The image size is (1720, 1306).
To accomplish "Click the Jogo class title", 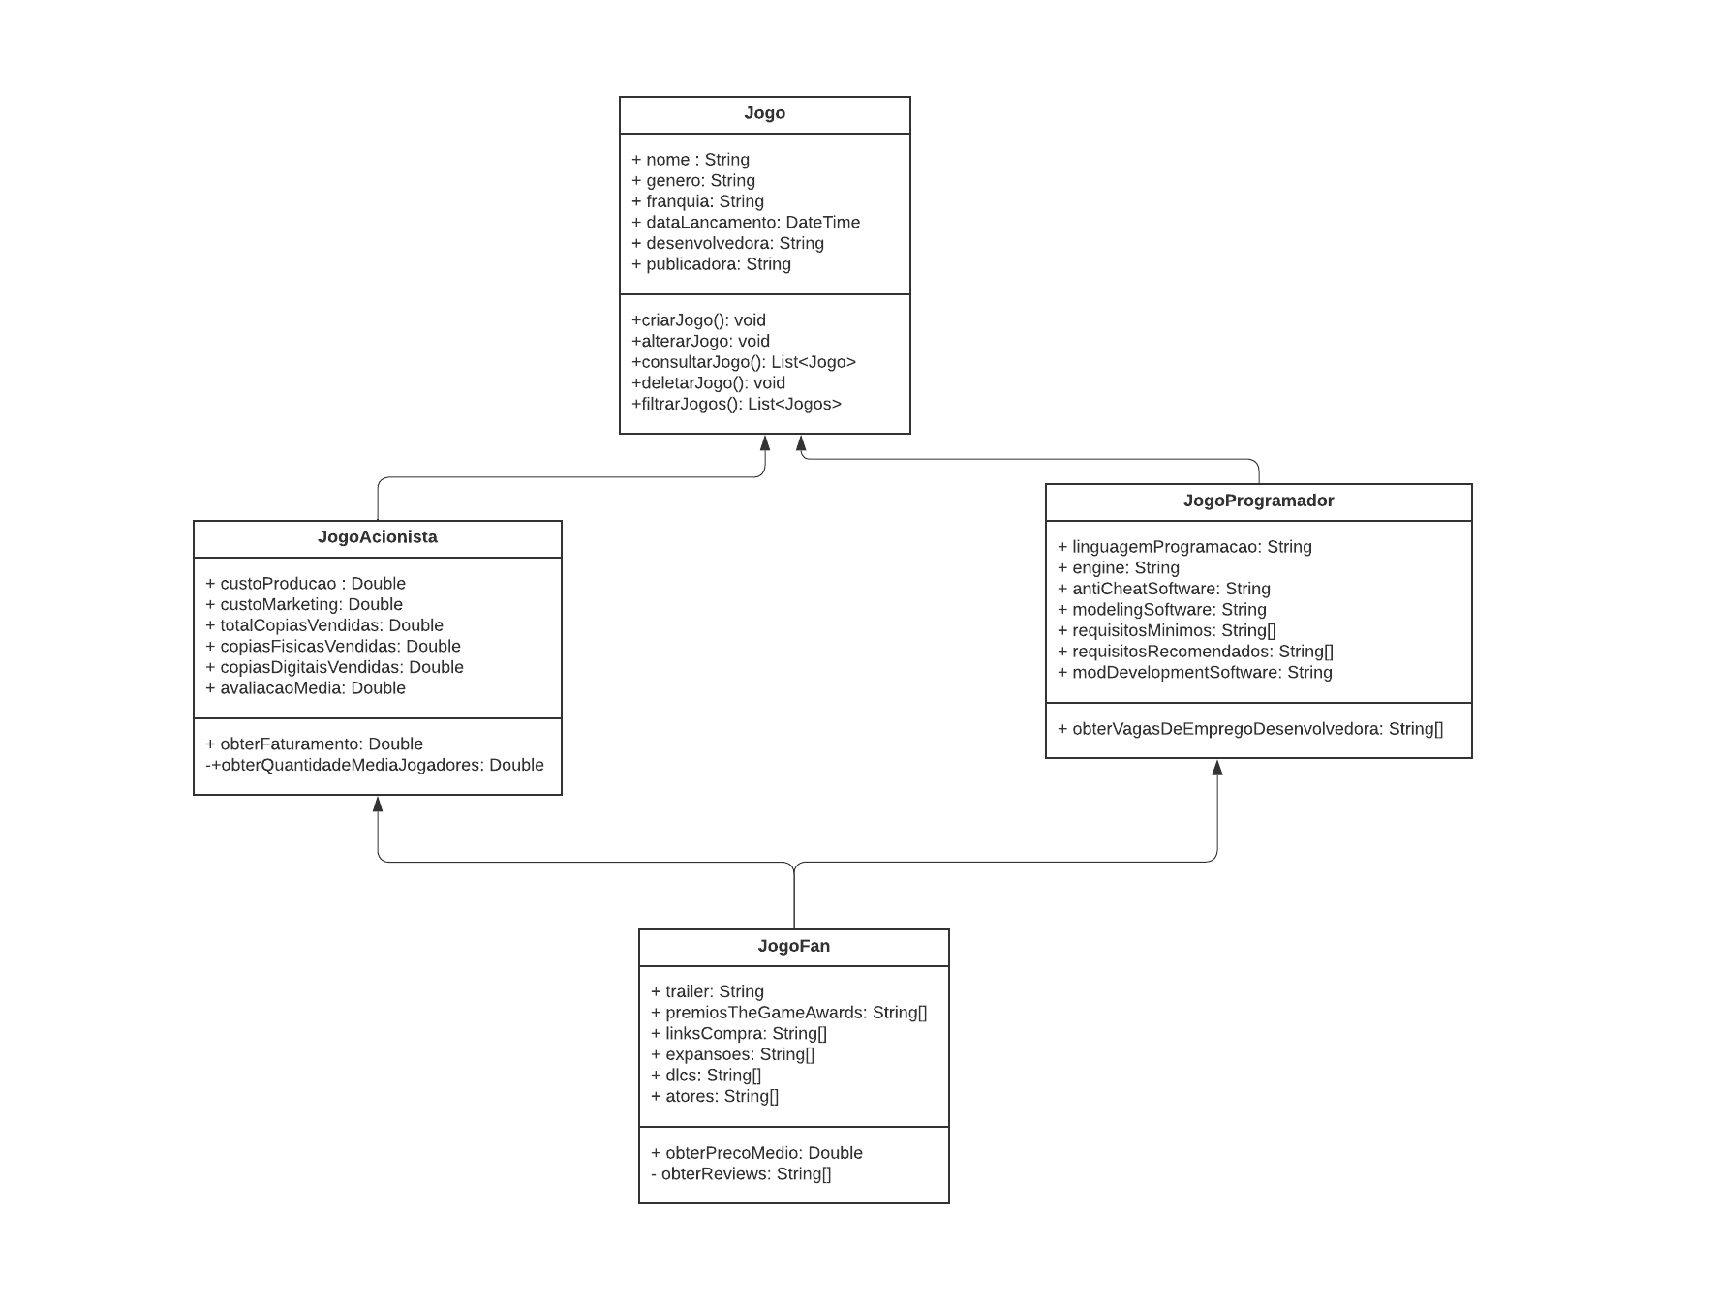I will pyautogui.click(x=764, y=113).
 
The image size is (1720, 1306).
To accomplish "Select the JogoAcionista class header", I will pyautogui.click(x=377, y=537).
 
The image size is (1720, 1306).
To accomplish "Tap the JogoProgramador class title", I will pyautogui.click(x=1258, y=501).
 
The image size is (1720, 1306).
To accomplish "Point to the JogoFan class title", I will pyautogui.click(x=793, y=946).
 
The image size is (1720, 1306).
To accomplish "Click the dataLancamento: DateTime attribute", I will pyautogui.click(x=745, y=223).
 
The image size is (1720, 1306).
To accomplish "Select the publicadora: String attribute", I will pyautogui.click(x=711, y=264).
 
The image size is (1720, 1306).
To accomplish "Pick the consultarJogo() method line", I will pyautogui.click(x=743, y=362).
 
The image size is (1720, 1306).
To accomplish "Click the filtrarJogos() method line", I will pyautogui.click(x=736, y=404).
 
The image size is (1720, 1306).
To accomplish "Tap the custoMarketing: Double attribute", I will pyautogui.click(x=303, y=604).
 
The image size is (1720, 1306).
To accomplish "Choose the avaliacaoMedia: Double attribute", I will pyautogui.click(x=305, y=688).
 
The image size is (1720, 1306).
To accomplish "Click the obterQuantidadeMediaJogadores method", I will pyautogui.click(x=375, y=765).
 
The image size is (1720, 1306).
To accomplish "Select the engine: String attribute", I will pyautogui.click(x=1118, y=568).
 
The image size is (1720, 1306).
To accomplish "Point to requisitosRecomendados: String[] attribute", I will pyautogui.click(x=1195, y=652).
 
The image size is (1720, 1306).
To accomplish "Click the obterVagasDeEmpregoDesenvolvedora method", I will pyautogui.click(x=1249, y=729).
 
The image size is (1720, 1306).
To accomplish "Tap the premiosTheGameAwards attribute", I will pyautogui.click(x=788, y=1013).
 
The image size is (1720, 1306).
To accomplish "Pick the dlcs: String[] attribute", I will pyautogui.click(x=706, y=1076).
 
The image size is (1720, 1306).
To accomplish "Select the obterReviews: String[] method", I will pyautogui.click(x=741, y=1174).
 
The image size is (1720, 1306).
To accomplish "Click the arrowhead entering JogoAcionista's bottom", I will pyautogui.click(x=378, y=804).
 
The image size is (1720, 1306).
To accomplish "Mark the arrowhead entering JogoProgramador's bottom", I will pyautogui.click(x=1217, y=768).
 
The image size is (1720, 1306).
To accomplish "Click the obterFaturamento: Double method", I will pyautogui.click(x=314, y=744).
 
